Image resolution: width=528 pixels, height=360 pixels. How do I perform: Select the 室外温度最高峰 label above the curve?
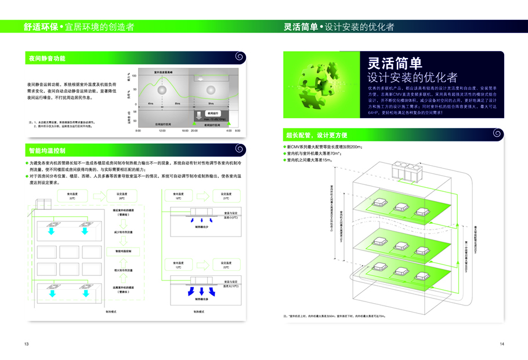point(167,72)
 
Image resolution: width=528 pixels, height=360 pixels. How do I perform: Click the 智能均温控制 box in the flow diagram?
point(123,251)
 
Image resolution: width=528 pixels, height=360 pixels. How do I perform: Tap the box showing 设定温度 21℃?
point(226,195)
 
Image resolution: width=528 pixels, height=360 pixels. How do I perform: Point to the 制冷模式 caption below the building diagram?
point(112,311)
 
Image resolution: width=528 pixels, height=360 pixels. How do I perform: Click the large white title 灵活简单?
point(395,63)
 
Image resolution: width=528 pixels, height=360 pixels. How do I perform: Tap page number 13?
point(27,344)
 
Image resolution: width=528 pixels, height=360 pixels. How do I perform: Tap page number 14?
point(501,344)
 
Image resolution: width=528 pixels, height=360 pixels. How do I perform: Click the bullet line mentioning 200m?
point(325,147)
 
